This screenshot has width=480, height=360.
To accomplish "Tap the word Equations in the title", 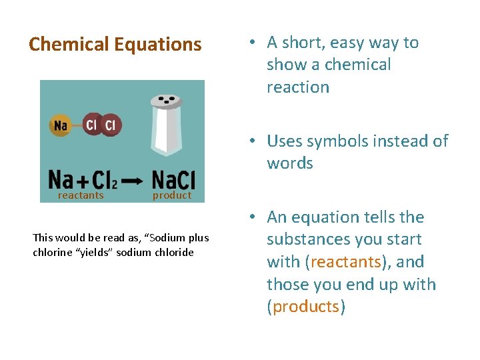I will click(158, 45).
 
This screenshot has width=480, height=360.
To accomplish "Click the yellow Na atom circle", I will click(61, 125).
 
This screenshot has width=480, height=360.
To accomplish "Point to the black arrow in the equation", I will click(133, 181).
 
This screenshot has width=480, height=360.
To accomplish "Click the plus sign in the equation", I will click(81, 181).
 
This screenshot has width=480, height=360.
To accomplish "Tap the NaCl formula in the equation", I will click(173, 179).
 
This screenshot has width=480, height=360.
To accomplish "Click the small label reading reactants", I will click(81, 195).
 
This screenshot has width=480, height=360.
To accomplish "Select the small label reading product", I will click(172, 195).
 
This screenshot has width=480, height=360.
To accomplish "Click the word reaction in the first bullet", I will click(298, 87).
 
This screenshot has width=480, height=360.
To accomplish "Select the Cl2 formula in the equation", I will click(107, 180).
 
